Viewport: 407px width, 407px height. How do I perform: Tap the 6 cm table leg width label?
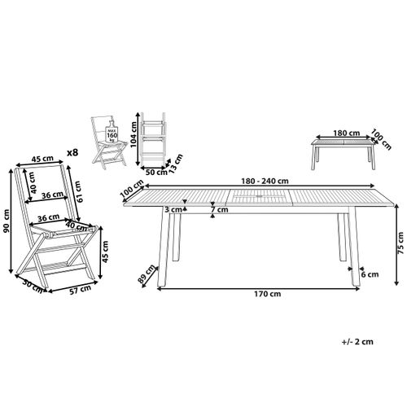pyautogui.click(x=370, y=274)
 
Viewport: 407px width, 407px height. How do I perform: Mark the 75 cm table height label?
pyautogui.click(x=399, y=243)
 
